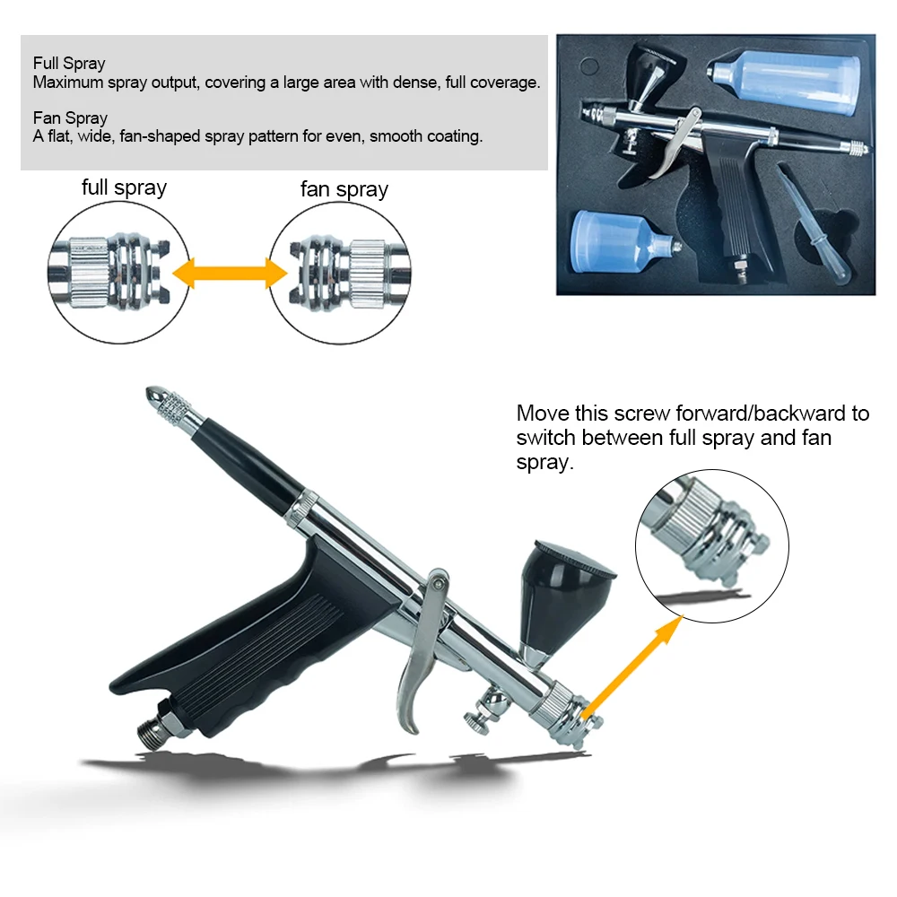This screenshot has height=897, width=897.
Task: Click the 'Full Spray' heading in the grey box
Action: click(x=69, y=63)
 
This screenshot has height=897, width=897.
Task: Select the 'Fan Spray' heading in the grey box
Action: click(x=70, y=118)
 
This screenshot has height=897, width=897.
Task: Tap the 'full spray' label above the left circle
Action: click(x=124, y=187)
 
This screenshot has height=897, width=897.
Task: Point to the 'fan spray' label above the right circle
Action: click(x=344, y=189)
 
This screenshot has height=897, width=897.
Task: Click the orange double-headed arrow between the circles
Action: click(x=230, y=273)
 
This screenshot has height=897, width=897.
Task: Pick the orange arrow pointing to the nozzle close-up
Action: click(x=632, y=667)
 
